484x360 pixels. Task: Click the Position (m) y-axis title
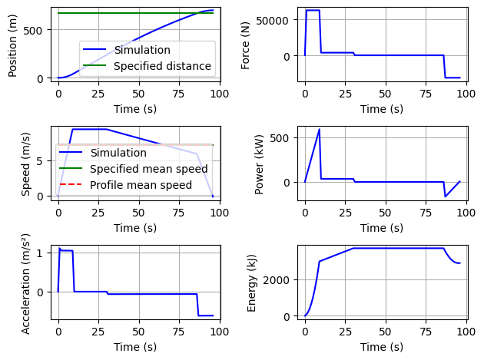[x=13, y=45]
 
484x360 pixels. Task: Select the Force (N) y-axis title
[x=246, y=45]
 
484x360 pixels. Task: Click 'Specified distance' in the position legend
[x=162, y=66]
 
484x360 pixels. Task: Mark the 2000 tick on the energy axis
[x=277, y=280]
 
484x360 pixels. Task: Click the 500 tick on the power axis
[x=282, y=138]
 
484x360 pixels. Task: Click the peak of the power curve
[x=319, y=130]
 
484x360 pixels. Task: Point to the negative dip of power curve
[x=445, y=197]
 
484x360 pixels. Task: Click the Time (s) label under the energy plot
[x=382, y=347]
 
